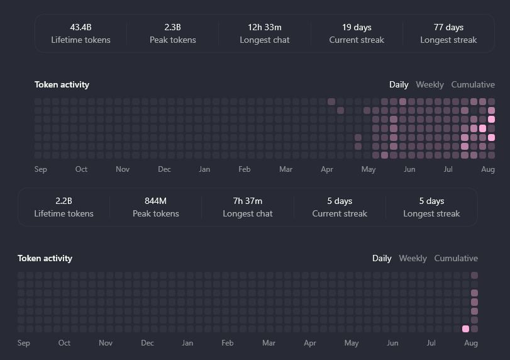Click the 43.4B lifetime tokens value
pos(80,27)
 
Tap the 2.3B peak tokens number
pos(173,27)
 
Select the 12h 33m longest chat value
pos(264,27)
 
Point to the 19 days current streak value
pos(357,28)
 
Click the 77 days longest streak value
pos(448,28)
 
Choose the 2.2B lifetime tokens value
pos(64,201)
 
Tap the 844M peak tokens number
pos(156,201)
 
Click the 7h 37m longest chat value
pos(248,201)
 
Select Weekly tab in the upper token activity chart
pos(430,85)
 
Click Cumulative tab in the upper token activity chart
pos(473,84)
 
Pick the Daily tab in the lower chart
pos(382,259)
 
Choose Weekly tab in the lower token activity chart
pos(413,259)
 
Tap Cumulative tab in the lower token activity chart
pos(456,259)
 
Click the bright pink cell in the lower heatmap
pos(466,329)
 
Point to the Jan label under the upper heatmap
pos(204,169)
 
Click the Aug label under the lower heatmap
pos(471,343)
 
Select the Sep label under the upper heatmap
pos(41,169)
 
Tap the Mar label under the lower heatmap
pos(269,343)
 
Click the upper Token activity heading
pos(62,85)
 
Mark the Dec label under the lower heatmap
pos(147,343)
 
